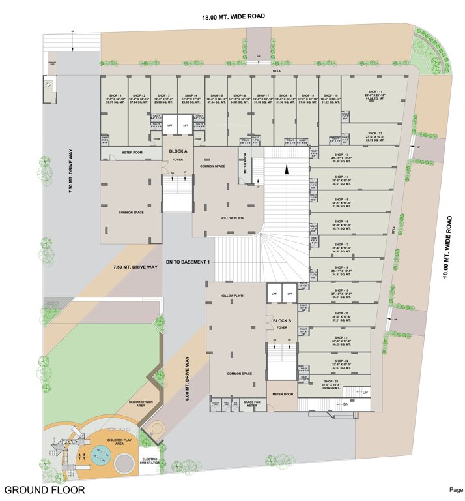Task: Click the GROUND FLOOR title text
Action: click(x=44, y=489)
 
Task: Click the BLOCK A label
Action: click(x=178, y=151)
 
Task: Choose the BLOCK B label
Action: click(x=281, y=321)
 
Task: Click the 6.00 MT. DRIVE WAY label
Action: click(x=186, y=376)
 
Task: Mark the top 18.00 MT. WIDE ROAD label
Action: click(x=233, y=16)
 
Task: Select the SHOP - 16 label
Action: click(x=342, y=222)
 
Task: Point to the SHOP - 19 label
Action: click(x=342, y=290)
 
